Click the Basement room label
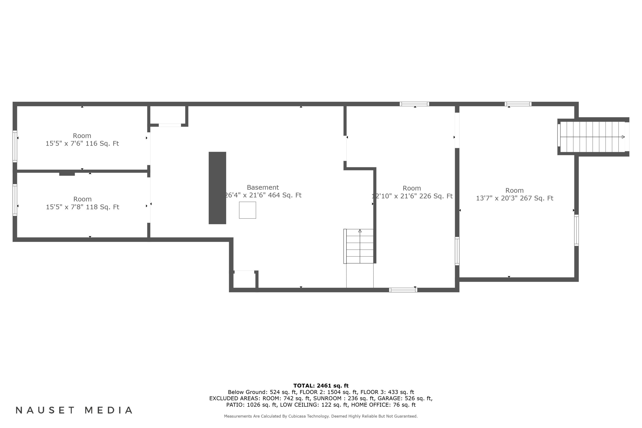263,187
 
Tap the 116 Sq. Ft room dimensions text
82,144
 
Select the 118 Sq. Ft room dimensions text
82,207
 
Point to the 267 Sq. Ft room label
514,190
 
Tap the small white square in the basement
247,210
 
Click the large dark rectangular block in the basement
217,188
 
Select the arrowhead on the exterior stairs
623,137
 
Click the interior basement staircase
360,246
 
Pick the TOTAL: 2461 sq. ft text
321,386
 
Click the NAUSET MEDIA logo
74,410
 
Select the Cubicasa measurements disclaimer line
321,416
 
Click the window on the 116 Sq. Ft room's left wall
15,146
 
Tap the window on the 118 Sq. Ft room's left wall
15,200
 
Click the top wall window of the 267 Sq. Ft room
518,104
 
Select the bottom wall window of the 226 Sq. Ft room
403,290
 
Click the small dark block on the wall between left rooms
67,174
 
